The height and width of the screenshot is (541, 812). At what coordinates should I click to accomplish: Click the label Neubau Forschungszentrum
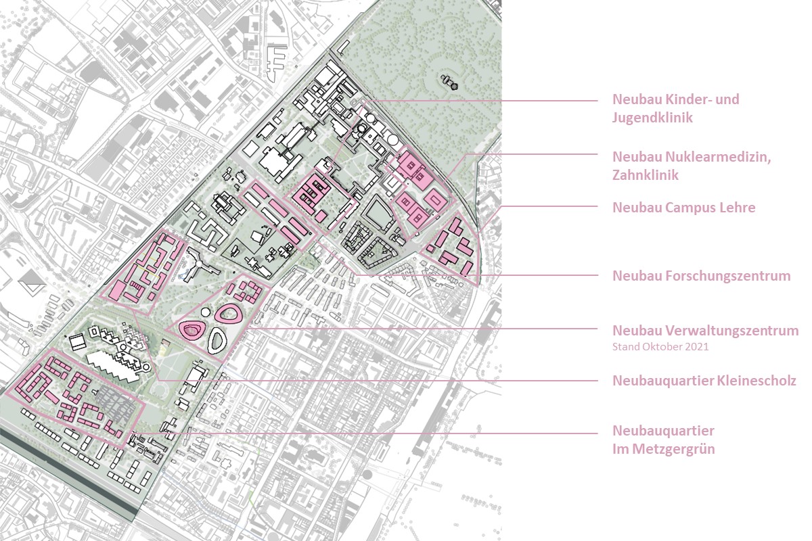click(702, 276)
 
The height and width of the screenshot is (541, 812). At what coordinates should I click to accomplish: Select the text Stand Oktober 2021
click(654, 348)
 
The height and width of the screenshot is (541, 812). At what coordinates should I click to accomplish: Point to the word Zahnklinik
click(646, 174)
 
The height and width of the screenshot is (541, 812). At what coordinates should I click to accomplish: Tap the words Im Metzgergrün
click(663, 448)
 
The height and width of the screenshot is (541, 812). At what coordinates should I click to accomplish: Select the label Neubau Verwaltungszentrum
click(705, 331)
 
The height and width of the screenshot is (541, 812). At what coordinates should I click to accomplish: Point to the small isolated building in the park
click(449, 83)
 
